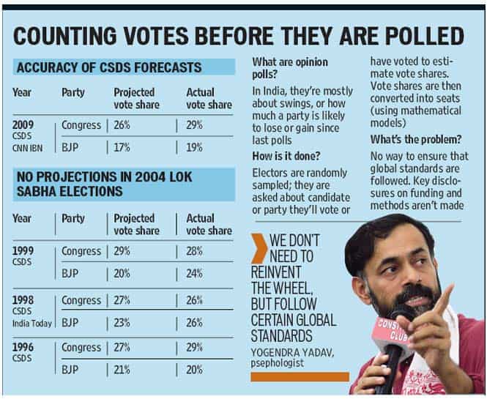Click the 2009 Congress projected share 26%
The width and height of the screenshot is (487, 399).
click(122, 125)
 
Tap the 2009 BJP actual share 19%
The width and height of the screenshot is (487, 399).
click(194, 147)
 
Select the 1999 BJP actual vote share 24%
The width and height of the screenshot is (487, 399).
click(194, 274)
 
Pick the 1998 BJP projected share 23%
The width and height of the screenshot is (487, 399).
click(122, 323)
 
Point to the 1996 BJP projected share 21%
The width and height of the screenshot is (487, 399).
click(122, 370)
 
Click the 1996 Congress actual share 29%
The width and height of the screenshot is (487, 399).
click(194, 347)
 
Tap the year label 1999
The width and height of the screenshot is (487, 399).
click(23, 251)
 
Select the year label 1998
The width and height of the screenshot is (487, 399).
click(23, 300)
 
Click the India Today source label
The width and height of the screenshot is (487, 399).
click(32, 324)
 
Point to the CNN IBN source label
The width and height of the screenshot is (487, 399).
click(27, 148)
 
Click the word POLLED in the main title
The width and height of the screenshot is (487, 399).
click(423, 36)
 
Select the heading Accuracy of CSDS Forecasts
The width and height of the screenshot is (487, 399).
click(109, 67)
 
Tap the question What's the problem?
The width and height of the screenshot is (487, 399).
click(416, 139)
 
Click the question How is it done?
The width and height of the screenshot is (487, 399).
click(286, 155)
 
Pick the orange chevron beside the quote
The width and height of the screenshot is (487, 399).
click(259, 248)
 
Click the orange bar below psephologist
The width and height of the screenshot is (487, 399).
click(300, 376)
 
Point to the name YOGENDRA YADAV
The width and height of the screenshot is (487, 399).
click(292, 353)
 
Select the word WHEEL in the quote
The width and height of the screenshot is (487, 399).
click(291, 288)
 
